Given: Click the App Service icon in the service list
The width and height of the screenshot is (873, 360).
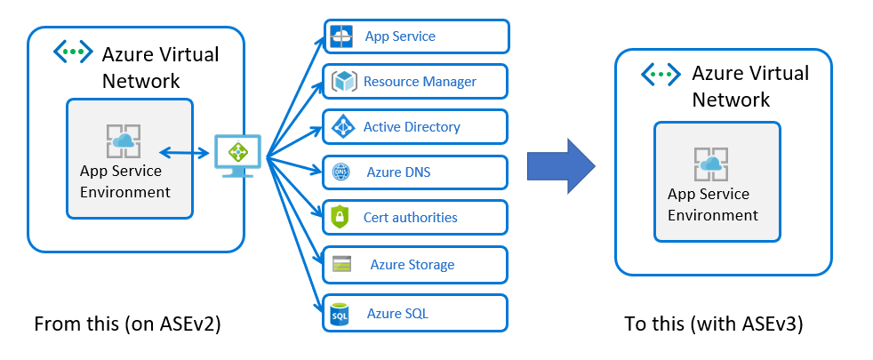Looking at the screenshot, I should pyautogui.click(x=341, y=36).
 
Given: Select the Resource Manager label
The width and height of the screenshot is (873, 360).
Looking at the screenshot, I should pyautogui.click(x=420, y=82).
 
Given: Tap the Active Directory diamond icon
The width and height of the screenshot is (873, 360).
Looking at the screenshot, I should pyautogui.click(x=342, y=127).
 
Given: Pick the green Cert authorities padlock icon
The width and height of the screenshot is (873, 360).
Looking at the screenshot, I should pyautogui.click(x=340, y=217).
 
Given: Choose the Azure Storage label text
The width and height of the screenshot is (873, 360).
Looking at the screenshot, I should pyautogui.click(x=412, y=264).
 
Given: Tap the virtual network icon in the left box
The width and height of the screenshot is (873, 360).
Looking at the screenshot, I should pyautogui.click(x=72, y=52).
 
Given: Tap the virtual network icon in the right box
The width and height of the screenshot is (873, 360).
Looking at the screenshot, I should pyautogui.click(x=661, y=73).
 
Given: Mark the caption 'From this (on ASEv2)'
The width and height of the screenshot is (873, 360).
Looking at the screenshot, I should pyautogui.click(x=126, y=324).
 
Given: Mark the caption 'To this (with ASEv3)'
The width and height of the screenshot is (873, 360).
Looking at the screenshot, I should pyautogui.click(x=714, y=324).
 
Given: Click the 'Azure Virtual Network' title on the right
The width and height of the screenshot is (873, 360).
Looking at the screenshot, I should pyautogui.click(x=750, y=86).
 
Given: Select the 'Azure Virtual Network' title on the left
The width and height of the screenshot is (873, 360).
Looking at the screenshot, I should pyautogui.click(x=160, y=67).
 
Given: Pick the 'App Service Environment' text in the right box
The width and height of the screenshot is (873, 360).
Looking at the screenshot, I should pyautogui.click(x=713, y=204).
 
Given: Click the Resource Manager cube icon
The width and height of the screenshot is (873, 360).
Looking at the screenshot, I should pyautogui.click(x=342, y=82).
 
